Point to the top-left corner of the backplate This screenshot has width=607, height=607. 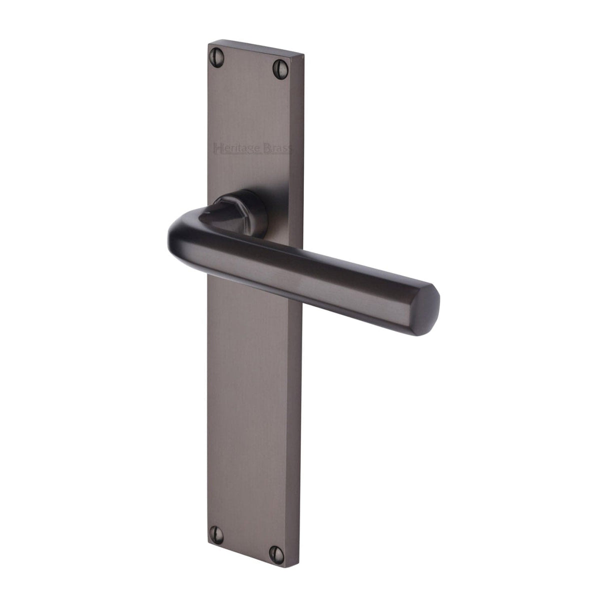(208, 43)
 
